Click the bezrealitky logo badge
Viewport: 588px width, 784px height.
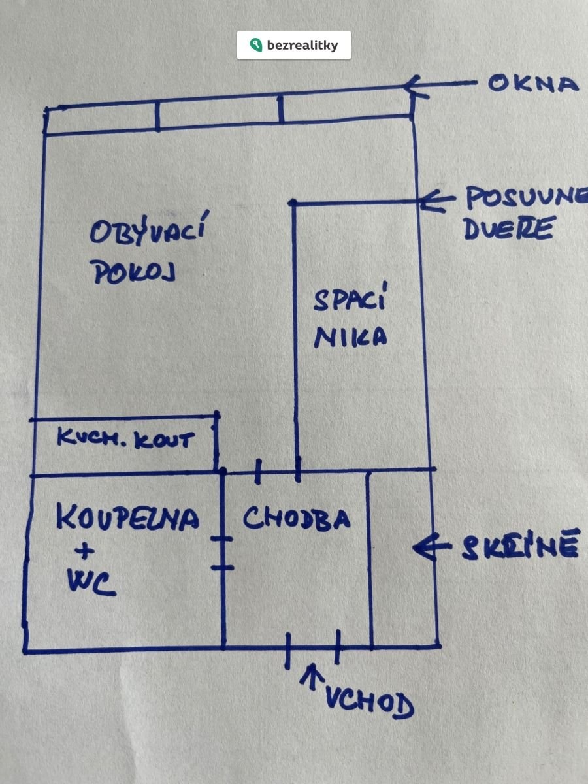[293, 45]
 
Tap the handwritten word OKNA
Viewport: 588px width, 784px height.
[533, 84]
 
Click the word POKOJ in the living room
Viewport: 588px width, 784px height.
[135, 273]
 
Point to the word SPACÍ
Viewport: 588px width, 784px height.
[350, 299]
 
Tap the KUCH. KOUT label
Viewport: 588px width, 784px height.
[125, 438]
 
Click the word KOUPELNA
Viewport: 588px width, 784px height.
[128, 518]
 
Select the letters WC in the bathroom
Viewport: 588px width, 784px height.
[92, 585]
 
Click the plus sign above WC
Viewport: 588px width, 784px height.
[85, 551]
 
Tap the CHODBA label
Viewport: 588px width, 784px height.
[297, 518]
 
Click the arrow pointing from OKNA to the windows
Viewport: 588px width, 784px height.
[440, 84]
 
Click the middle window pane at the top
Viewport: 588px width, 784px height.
[220, 112]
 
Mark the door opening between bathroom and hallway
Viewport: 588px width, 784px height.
[223, 552]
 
